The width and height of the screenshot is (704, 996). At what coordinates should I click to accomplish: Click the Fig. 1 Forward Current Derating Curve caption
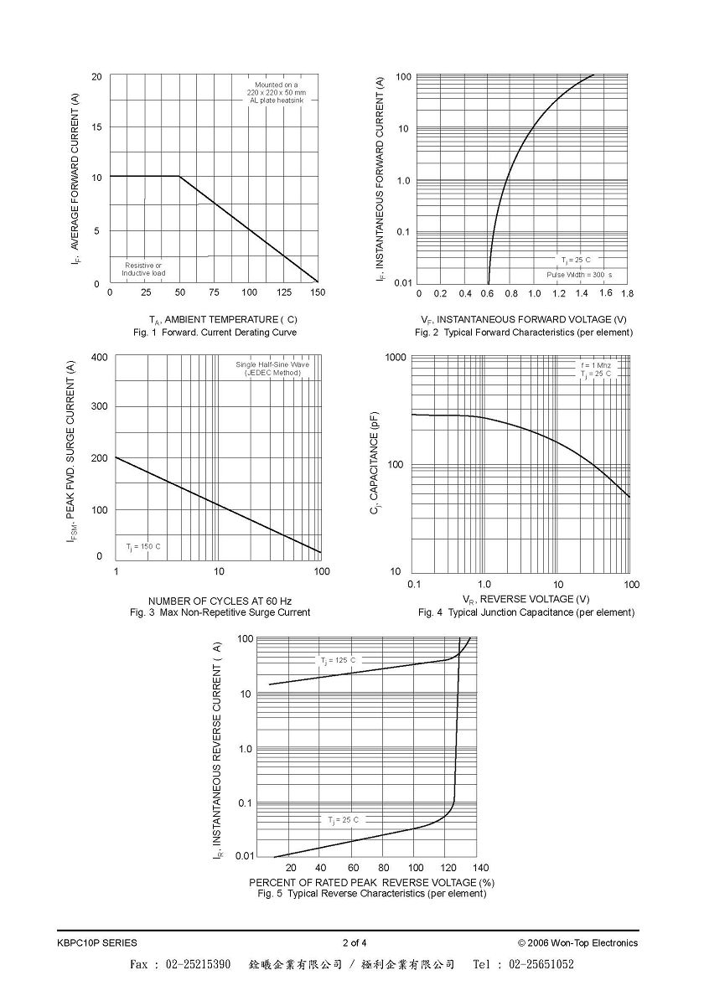(x=214, y=333)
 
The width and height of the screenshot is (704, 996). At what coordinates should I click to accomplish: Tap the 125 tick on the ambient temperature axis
(x=284, y=292)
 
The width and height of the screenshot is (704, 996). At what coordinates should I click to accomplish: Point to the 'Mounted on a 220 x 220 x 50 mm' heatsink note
(x=277, y=88)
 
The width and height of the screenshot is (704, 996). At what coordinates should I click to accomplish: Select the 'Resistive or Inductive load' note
(x=143, y=270)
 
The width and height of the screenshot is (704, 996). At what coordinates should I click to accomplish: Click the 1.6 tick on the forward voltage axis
(x=605, y=293)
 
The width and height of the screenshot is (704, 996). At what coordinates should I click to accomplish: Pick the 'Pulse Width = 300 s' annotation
(x=579, y=275)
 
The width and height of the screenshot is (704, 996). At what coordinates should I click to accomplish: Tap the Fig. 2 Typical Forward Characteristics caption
(x=524, y=333)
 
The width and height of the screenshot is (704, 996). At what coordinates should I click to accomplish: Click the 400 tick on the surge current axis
(x=100, y=357)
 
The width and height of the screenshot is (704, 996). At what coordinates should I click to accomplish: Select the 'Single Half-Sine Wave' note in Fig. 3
(x=272, y=364)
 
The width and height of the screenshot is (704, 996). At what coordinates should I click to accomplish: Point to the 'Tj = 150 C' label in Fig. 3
(x=143, y=547)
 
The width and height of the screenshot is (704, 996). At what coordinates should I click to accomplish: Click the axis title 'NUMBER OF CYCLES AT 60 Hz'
(x=220, y=601)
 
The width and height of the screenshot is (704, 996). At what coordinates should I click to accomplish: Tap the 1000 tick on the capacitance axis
(x=396, y=357)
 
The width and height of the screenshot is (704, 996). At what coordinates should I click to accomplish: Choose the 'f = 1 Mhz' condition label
(x=595, y=365)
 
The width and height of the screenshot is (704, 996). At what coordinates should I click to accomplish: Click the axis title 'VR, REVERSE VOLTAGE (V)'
(x=526, y=599)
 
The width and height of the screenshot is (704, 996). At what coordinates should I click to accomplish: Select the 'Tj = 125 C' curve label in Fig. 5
(x=338, y=661)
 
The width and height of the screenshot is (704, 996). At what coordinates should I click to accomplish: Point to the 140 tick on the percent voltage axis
(x=480, y=868)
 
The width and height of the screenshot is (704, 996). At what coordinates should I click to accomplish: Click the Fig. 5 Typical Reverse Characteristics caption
(x=372, y=894)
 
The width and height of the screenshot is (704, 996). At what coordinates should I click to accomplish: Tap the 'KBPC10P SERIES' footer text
(x=97, y=942)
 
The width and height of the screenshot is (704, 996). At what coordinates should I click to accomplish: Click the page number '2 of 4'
(x=355, y=942)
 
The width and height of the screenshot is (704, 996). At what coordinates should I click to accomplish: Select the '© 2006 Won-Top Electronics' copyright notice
(x=577, y=942)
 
